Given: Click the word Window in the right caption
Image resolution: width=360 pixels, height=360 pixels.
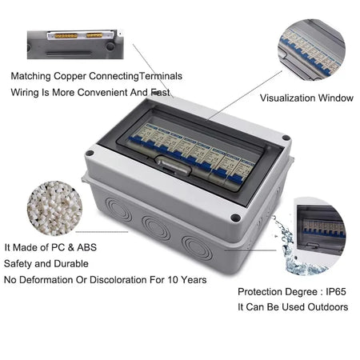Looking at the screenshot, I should coord(336,98).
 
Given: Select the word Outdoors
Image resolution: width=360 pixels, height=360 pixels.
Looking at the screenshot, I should coord(328,307).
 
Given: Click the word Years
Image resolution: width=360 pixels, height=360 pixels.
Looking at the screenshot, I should coord(193,280).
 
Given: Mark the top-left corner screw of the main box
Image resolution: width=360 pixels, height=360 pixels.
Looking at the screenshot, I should coord(90,152).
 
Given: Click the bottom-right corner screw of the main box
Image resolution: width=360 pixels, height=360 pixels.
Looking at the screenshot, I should coord(236,218).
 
